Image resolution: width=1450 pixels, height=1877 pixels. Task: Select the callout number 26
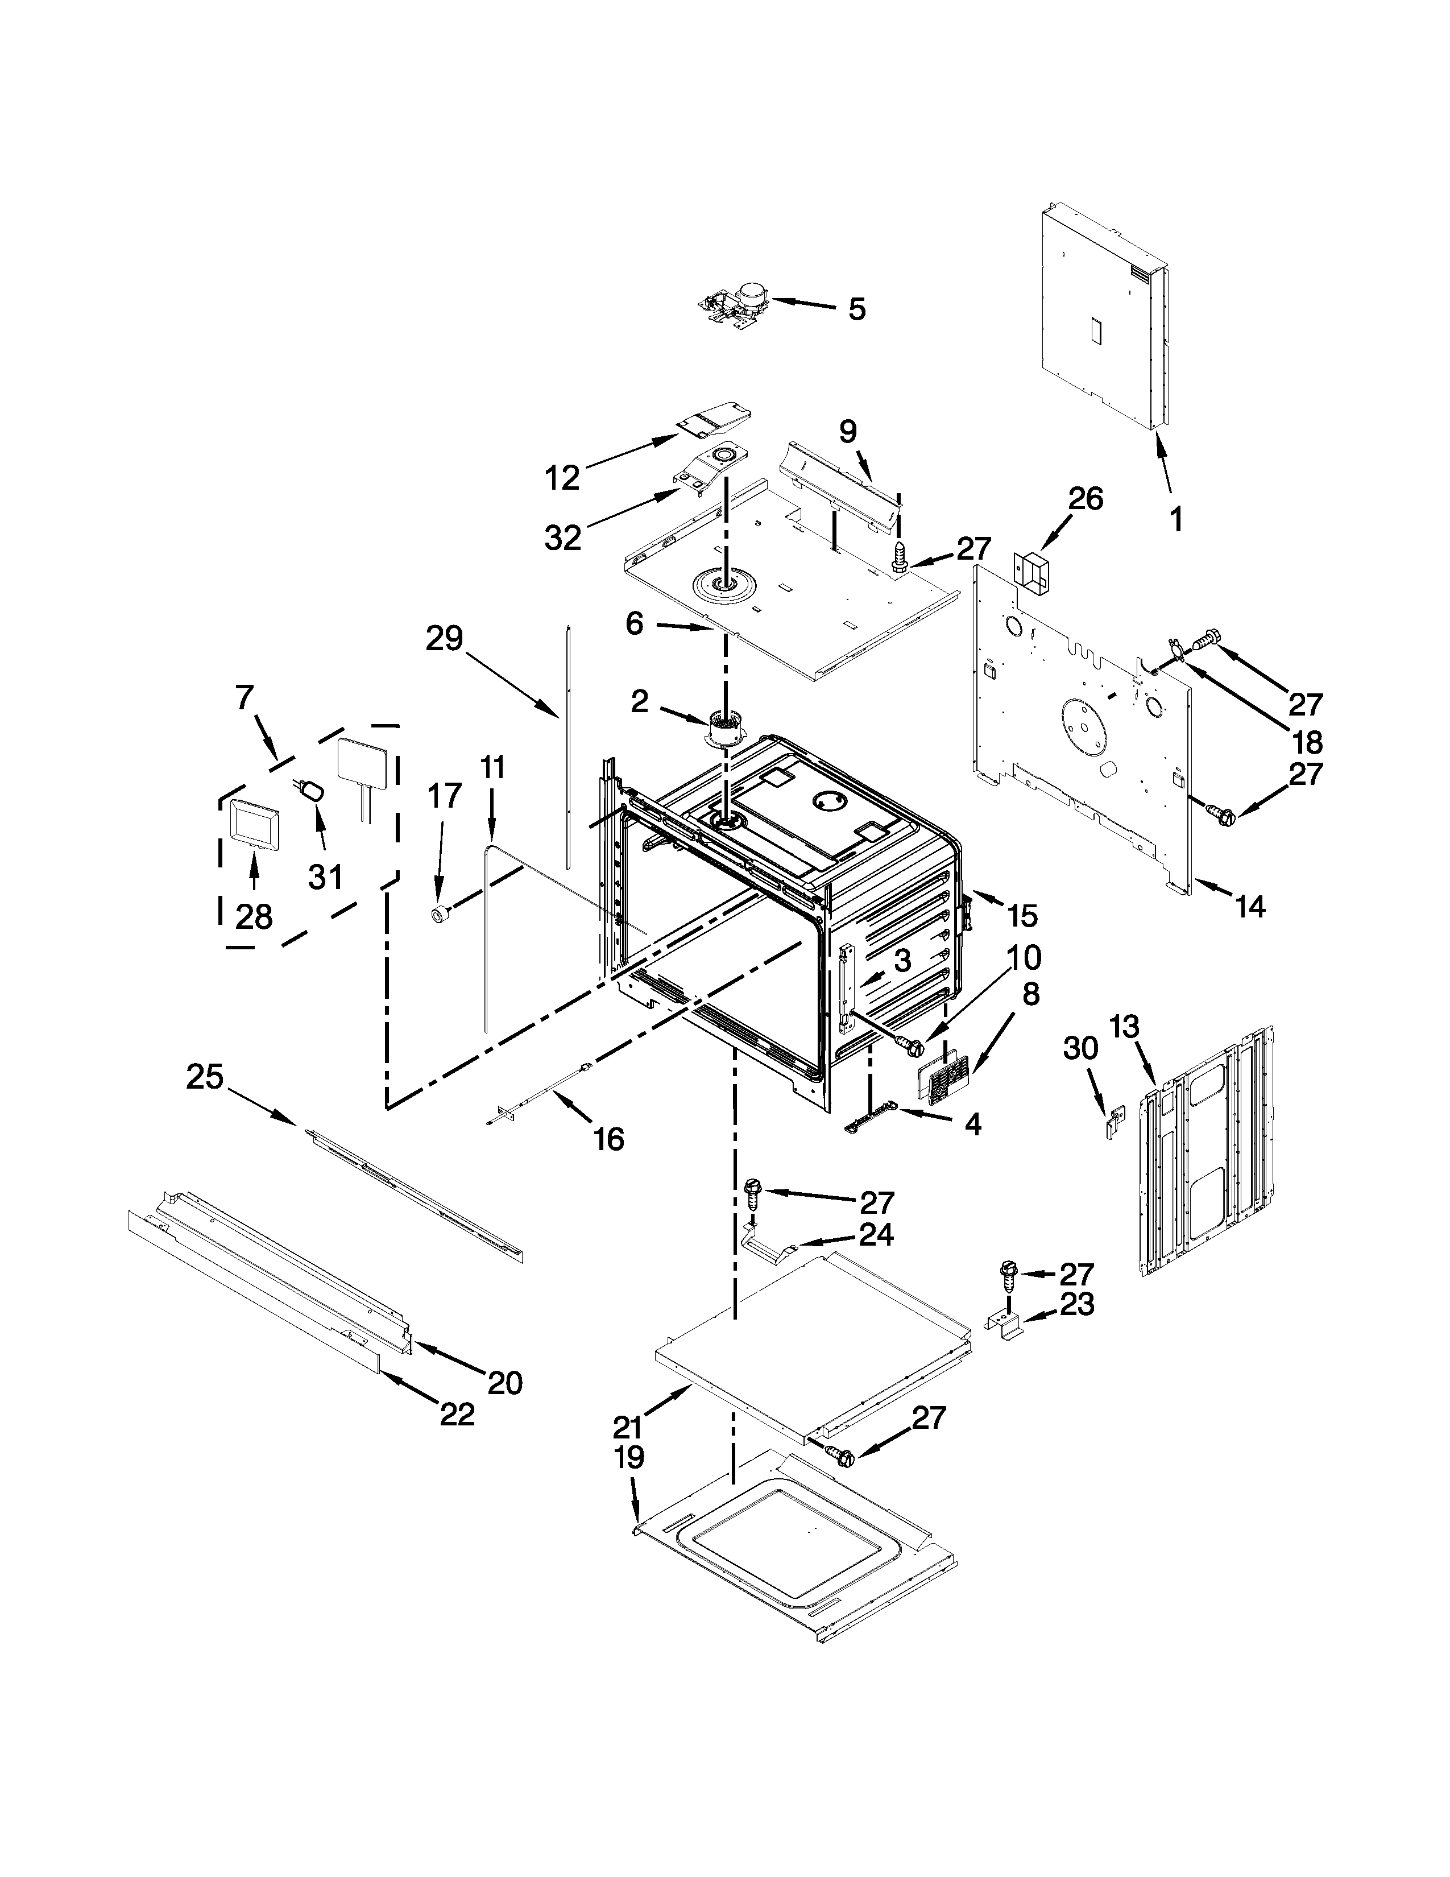tap(1085, 498)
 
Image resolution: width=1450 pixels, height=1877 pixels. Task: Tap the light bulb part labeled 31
tap(313, 791)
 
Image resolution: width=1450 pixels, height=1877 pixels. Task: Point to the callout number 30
tap(1080, 1048)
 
